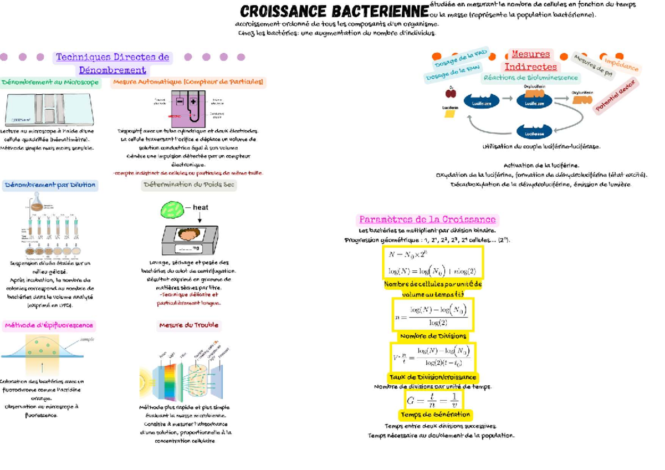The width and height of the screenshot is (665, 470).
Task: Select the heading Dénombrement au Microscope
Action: [50, 83]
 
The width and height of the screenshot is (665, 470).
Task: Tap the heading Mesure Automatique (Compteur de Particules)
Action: [188, 83]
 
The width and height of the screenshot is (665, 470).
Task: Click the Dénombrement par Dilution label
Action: [50, 185]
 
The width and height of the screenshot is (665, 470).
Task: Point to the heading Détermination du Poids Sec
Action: [188, 185]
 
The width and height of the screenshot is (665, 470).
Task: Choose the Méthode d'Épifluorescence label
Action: [49, 325]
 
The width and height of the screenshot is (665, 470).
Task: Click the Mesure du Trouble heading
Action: [188, 325]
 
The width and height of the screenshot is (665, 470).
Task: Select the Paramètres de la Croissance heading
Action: [427, 219]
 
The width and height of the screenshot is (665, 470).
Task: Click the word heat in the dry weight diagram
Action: [200, 207]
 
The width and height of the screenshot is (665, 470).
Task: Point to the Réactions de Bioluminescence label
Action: [531, 78]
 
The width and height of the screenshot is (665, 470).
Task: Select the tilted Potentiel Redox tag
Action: [616, 96]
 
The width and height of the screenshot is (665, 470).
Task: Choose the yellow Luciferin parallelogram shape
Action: [449, 114]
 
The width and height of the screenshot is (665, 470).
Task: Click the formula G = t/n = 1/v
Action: [433, 400]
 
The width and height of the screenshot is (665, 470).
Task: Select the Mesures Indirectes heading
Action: [530, 60]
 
